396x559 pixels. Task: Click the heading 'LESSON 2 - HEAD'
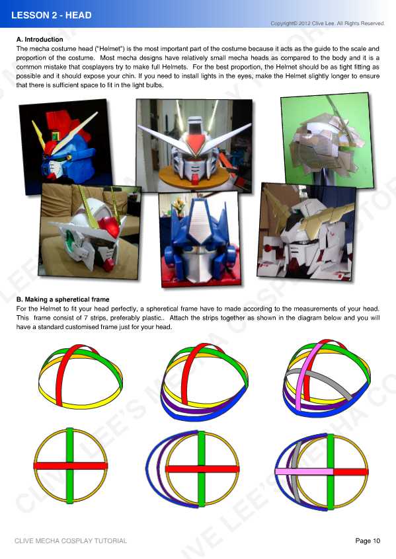point(52,15)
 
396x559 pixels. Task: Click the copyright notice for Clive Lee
point(327,24)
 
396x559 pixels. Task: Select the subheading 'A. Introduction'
point(40,40)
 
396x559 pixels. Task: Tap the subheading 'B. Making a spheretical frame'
point(63,299)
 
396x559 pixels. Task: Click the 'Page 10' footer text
point(368,541)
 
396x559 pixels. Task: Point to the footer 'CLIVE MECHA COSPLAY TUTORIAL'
point(71,541)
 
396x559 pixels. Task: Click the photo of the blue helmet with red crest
point(64,143)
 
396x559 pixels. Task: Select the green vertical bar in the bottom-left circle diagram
point(70,443)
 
